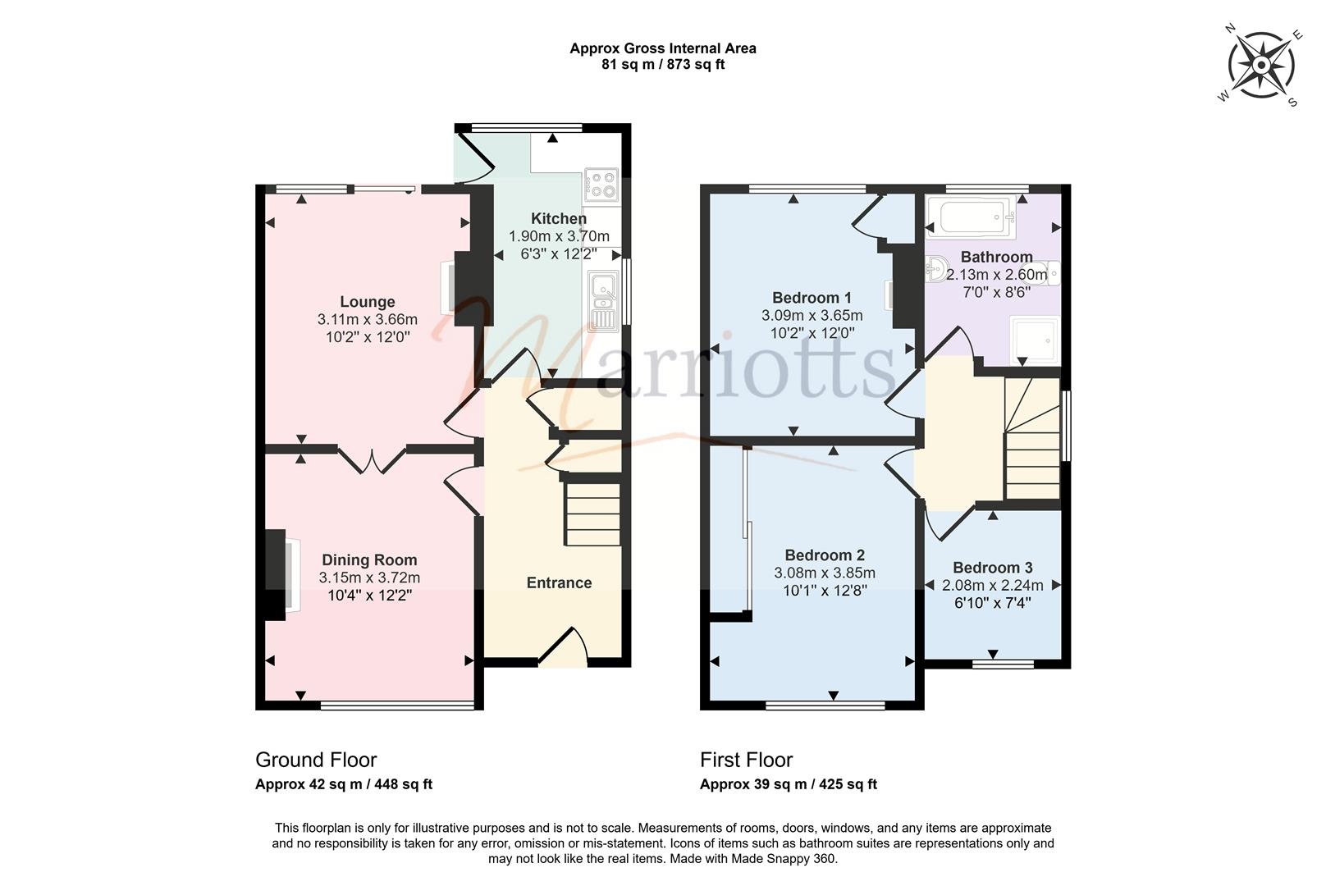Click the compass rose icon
1261,66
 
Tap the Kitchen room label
558,218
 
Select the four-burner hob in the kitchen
601,185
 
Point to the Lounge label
367,302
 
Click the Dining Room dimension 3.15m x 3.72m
369,578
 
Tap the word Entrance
559,583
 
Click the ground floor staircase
592,514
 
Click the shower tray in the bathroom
1034,340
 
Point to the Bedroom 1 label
812,298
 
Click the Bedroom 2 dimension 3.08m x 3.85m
825,573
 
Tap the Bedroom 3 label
993,568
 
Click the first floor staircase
1032,439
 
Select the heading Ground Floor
316,760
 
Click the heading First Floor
747,760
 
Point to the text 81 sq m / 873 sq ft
663,65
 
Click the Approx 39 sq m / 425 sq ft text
789,784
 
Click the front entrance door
563,647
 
